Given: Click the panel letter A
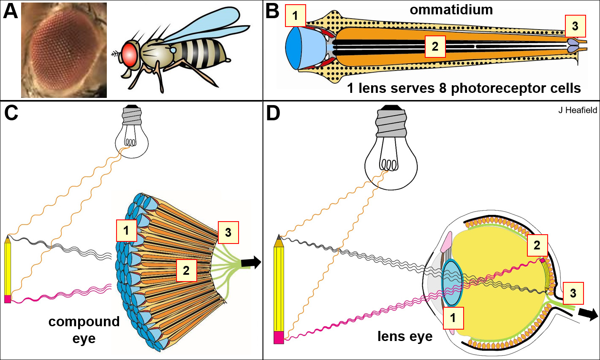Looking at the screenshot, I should coord(11,11).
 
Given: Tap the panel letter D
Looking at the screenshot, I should coord(273,114).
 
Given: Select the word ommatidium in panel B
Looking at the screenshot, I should coord(451,10).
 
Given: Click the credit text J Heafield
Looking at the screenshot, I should coord(577,110).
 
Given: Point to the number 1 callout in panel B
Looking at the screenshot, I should coord(295,16).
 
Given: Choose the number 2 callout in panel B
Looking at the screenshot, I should coord(435,46).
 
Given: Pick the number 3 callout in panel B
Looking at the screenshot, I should coord(575,26).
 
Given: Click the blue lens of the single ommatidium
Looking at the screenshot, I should coord(298,48).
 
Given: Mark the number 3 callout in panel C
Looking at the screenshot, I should coord(228,232).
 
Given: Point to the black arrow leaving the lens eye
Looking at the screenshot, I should coord(588,314).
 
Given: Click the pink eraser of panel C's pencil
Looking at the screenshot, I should coord(8,299).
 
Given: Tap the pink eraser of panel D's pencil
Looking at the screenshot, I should coord(279,338).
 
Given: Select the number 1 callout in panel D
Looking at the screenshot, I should coord(453,318).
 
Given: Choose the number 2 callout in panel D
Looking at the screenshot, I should coord(537,245).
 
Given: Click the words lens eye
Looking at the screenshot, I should coord(405,336).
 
